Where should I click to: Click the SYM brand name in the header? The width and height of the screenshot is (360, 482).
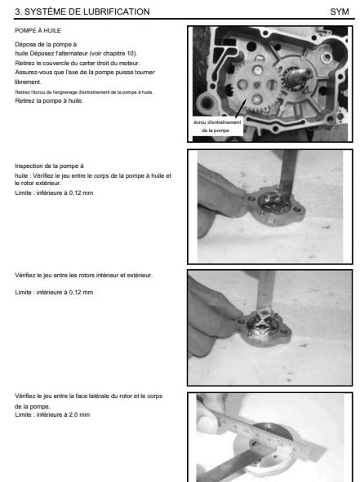340,11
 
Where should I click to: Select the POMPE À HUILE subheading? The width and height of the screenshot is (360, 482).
38,30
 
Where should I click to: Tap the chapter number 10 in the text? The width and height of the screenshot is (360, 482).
131,53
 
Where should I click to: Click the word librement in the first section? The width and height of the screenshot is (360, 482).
28,82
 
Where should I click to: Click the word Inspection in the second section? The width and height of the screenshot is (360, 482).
29,166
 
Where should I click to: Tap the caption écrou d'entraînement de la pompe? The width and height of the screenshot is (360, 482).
217,126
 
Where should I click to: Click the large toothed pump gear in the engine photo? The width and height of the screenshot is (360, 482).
256,86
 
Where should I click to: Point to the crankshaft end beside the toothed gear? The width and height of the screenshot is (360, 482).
300,77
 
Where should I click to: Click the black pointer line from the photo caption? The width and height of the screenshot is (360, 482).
241,108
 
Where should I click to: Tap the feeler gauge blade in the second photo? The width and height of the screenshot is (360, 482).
288,173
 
